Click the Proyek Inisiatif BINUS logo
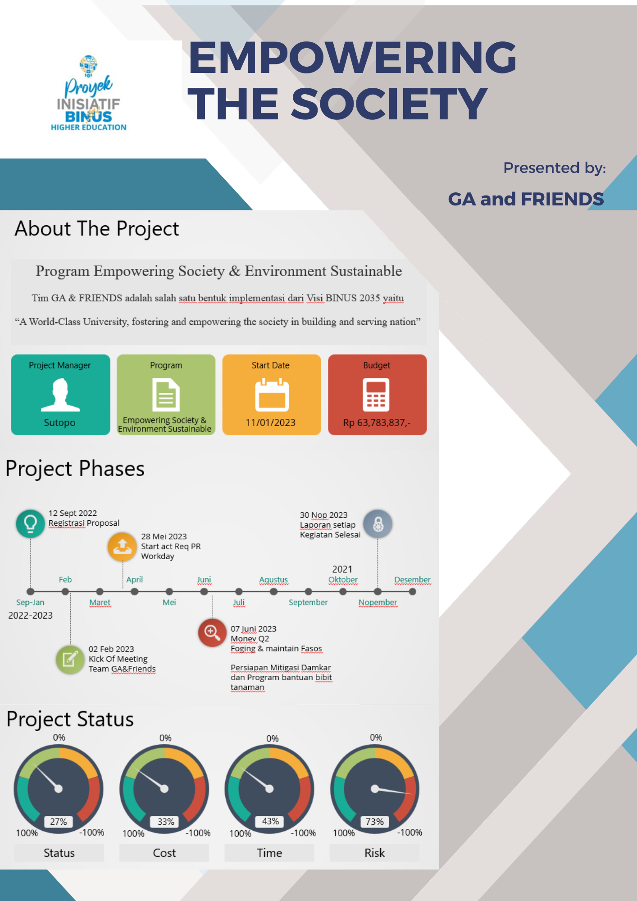[x=88, y=93]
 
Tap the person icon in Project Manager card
[x=60, y=395]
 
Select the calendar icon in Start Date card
[x=272, y=395]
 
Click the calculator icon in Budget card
[x=376, y=395]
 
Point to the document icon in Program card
[x=166, y=395]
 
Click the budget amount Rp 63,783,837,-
[x=377, y=423]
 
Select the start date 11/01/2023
[x=270, y=423]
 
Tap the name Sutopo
[x=59, y=423]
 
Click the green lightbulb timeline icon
[x=30, y=523]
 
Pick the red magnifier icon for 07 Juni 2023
[x=212, y=632]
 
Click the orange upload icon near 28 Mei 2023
[x=122, y=547]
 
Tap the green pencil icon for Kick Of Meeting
[x=70, y=660]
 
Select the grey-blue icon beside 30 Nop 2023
[x=378, y=524]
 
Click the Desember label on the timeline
[x=412, y=580]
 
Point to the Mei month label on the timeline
[x=169, y=602]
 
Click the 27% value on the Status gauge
[x=59, y=822]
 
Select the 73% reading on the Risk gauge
[x=375, y=822]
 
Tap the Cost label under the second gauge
[x=164, y=853]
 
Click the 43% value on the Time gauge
[x=270, y=821]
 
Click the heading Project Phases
[x=75, y=469]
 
